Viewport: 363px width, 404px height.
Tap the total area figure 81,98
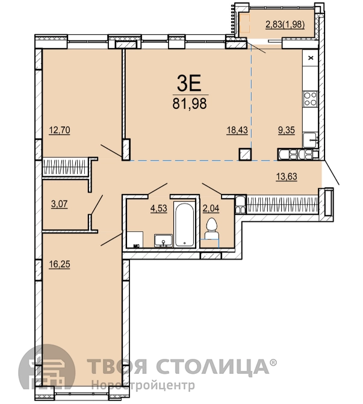tap(190, 104)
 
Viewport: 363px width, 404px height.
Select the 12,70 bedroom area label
tap(60, 130)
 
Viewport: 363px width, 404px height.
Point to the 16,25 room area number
tap(60, 264)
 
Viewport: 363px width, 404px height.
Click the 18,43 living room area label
tap(237, 130)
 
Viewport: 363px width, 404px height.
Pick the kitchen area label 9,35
tap(286, 130)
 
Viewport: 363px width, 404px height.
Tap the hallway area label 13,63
tap(287, 177)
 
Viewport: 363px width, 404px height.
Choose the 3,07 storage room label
tap(59, 204)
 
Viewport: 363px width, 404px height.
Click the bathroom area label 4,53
tap(159, 208)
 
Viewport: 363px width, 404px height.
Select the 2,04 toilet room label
tap(211, 208)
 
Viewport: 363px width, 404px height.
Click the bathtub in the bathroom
tap(184, 224)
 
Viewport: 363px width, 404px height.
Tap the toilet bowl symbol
tap(211, 228)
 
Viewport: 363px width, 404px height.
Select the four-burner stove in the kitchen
tap(310, 98)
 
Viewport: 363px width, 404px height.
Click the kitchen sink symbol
tap(310, 140)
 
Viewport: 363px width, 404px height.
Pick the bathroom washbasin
tap(163, 241)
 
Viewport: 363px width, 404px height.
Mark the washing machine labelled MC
tap(135, 240)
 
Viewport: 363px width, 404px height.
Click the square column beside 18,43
tap(245, 154)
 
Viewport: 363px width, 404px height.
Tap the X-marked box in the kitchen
tap(311, 58)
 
